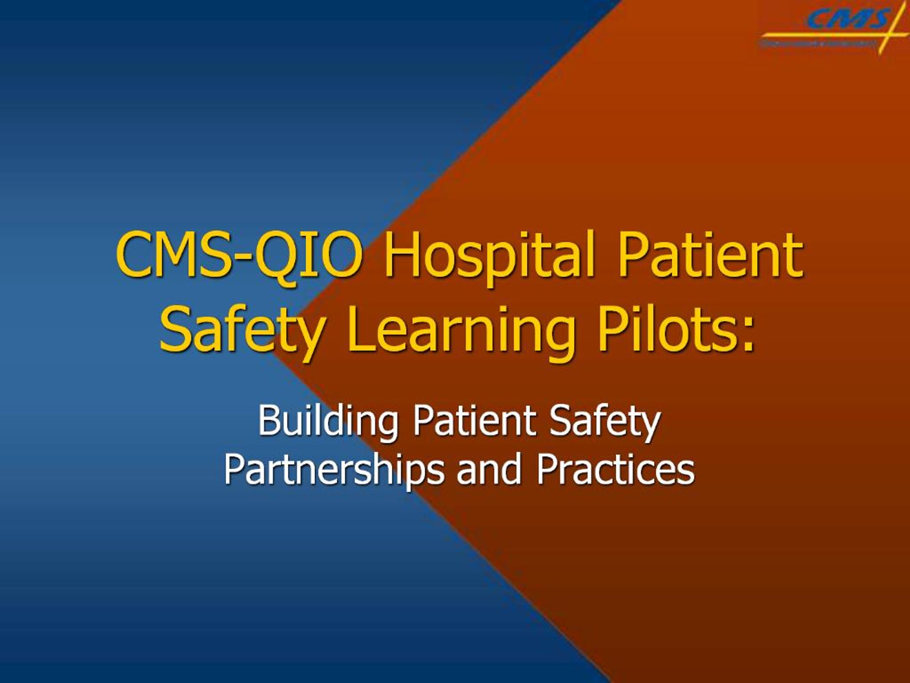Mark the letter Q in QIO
tap(275, 255)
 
